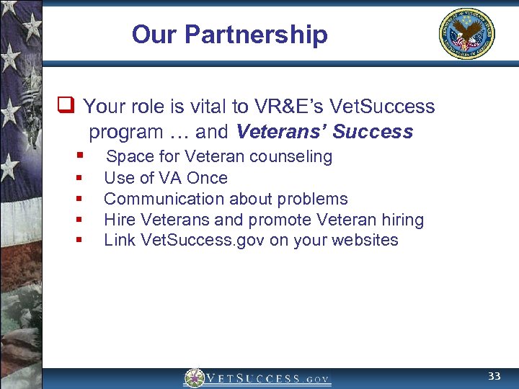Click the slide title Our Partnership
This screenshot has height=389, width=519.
229,35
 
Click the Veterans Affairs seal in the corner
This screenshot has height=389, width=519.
467,34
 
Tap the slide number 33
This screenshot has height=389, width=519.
494,377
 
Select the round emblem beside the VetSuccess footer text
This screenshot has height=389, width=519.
194,378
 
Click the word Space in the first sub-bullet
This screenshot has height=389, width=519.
128,157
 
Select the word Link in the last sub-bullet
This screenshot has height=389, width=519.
118,240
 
